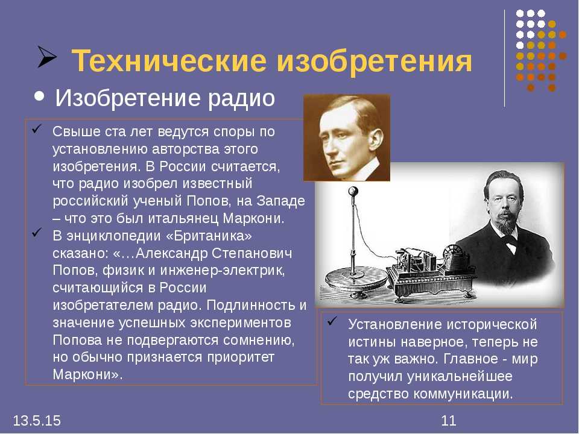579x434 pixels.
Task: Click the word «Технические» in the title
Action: pos(169,60)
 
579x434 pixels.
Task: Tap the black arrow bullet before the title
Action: pos(46,57)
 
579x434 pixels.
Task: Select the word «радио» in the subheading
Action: pos(241,99)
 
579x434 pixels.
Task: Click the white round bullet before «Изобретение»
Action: pos(39,96)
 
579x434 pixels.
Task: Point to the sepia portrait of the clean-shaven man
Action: pos(347,137)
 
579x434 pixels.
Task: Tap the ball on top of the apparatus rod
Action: pos(353,192)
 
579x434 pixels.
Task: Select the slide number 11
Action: pos(449,421)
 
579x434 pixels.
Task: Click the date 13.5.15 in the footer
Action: pos(37,421)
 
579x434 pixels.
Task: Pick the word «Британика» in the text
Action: pos(209,236)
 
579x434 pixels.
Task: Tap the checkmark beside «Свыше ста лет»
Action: pos(36,129)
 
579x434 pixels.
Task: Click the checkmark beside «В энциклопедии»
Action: pos(36,233)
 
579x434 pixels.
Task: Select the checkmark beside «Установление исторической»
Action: pos(332,321)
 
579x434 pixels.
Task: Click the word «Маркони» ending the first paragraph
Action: pos(253,218)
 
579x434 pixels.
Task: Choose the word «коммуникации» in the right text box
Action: pos(463,394)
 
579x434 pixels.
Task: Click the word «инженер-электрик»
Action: pos(223,271)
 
